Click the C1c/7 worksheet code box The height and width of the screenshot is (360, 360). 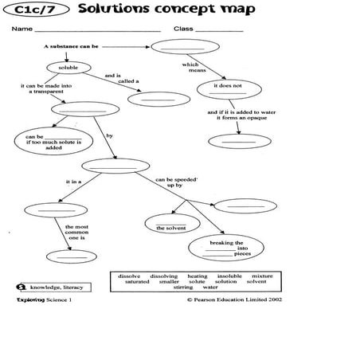click(x=41, y=10)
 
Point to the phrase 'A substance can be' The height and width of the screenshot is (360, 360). click(x=72, y=46)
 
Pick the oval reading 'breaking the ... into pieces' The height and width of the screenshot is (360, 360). click(x=226, y=248)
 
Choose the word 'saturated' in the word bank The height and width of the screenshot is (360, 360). click(x=135, y=281)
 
